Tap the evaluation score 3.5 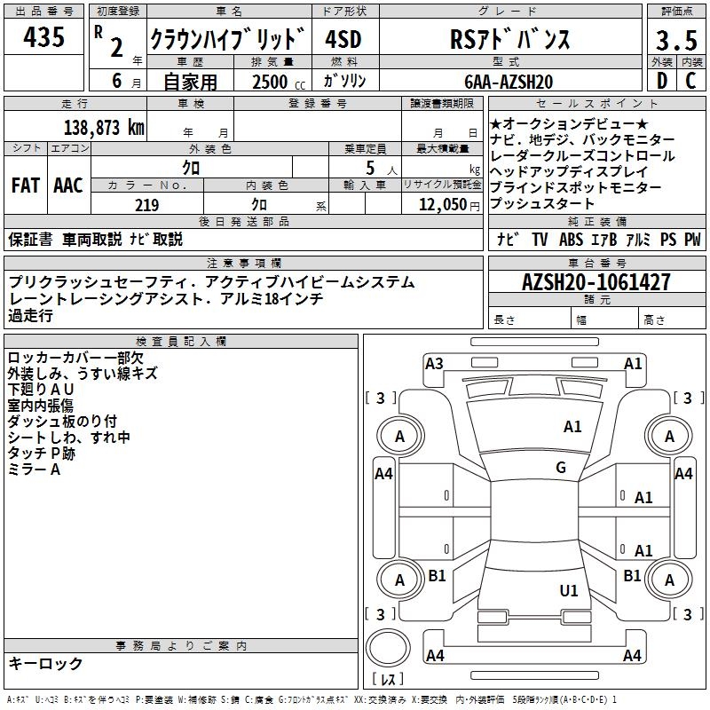pos(675,42)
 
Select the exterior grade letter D pos(661,81)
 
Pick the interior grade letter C pos(691,81)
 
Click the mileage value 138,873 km pos(103,127)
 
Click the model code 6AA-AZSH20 pos(509,82)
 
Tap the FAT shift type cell pos(25,185)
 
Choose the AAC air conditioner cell pos(67,185)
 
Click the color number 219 pos(146,205)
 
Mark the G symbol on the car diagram pos(561,468)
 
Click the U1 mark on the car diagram pos(569,590)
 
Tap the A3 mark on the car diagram pos(434,363)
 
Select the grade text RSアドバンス pos(508,39)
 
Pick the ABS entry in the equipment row pos(570,240)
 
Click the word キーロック pos(46,663)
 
